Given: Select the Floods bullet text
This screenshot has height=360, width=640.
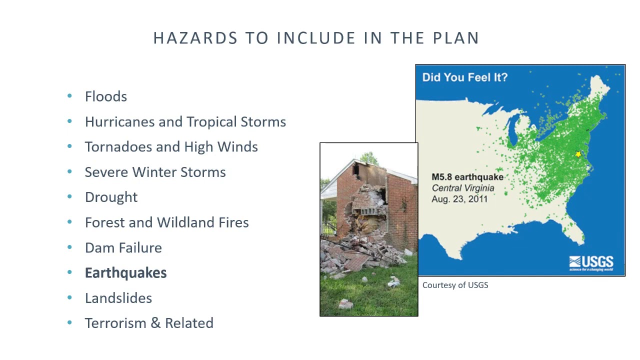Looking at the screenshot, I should (x=106, y=96).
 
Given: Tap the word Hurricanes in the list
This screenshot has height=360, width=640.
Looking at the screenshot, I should (x=119, y=122).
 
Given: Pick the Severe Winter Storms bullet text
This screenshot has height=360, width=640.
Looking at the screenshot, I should (x=155, y=172).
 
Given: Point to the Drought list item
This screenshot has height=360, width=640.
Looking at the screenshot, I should (x=111, y=197).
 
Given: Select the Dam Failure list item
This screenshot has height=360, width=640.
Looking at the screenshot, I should (x=123, y=247).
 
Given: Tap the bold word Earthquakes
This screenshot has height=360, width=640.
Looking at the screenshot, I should (x=125, y=273).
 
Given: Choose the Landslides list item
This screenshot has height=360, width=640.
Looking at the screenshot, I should (x=118, y=298).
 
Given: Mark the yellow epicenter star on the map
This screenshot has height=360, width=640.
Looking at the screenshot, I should (x=578, y=154).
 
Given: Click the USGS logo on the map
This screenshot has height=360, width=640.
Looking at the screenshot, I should (x=591, y=263).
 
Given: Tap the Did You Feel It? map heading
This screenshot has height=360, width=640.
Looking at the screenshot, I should (x=464, y=77).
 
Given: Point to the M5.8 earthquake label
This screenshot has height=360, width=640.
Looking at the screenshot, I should (x=467, y=177).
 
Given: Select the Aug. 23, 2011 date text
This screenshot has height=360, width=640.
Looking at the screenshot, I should (x=459, y=199).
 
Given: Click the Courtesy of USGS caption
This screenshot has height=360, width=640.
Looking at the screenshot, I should (x=455, y=285).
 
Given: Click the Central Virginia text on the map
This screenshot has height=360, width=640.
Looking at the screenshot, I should (x=463, y=188).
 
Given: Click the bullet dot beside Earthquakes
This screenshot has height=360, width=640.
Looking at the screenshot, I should (x=69, y=272).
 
